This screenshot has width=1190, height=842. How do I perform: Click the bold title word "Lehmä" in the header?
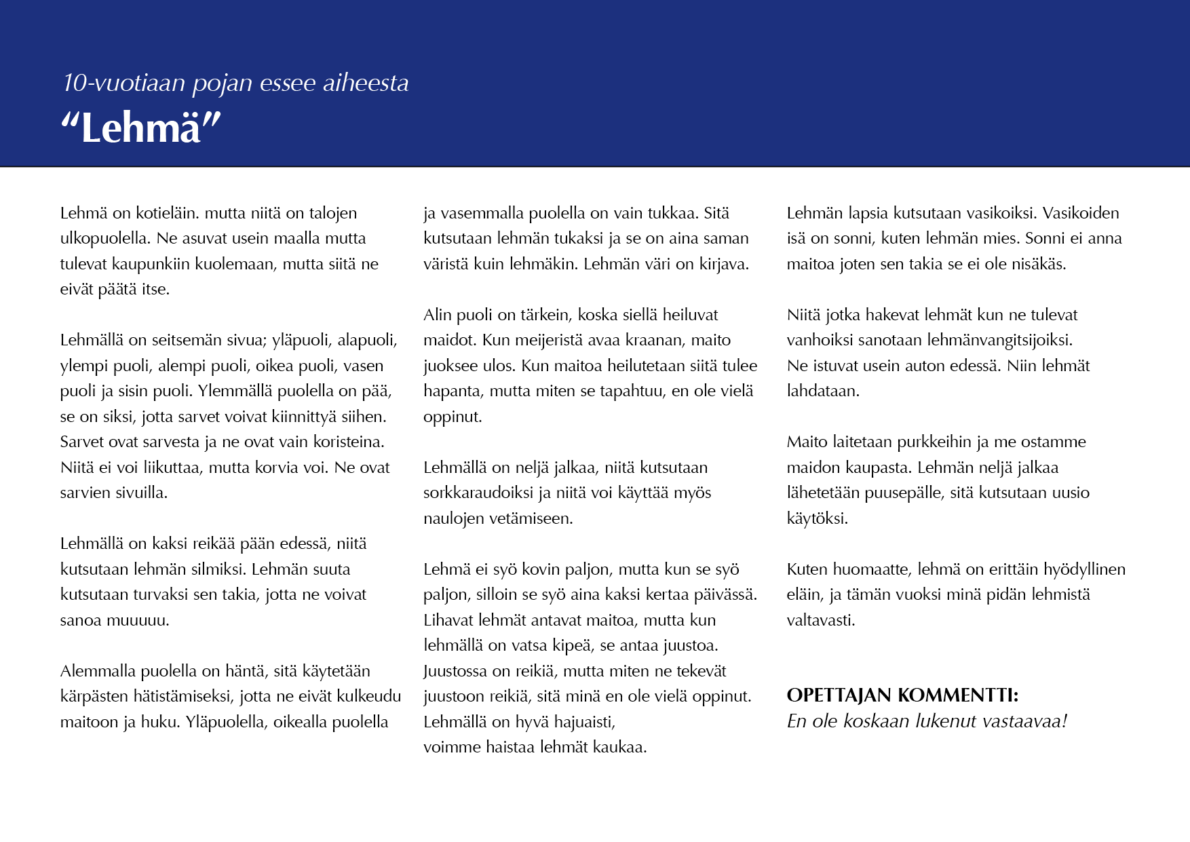tap(141, 128)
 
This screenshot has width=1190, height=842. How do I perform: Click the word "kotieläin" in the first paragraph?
tap(167, 213)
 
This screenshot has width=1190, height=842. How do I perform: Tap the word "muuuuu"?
tap(138, 620)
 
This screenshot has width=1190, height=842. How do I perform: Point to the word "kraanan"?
tap(659, 340)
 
